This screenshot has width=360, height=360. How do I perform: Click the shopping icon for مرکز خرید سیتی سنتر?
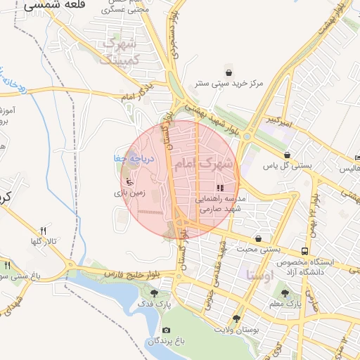coord(229,72)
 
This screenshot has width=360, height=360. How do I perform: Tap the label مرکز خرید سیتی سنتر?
coord(229,84)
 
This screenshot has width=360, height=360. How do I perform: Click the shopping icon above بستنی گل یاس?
coord(287,155)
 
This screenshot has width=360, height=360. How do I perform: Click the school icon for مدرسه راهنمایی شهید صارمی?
coord(220,188)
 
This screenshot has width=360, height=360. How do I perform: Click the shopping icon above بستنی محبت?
coord(259,238)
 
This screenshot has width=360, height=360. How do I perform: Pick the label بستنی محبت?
coord(258,249)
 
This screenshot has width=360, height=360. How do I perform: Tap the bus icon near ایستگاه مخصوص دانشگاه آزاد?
coord(304,251)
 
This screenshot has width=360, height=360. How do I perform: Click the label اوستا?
coord(261,275)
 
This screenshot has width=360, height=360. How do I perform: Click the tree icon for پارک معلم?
coord(285,293)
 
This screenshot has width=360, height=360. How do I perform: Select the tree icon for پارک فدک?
coord(155,293)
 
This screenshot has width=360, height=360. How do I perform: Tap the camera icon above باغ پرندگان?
coord(166,330)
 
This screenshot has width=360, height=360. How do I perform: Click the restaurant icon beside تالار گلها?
coord(43,231)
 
